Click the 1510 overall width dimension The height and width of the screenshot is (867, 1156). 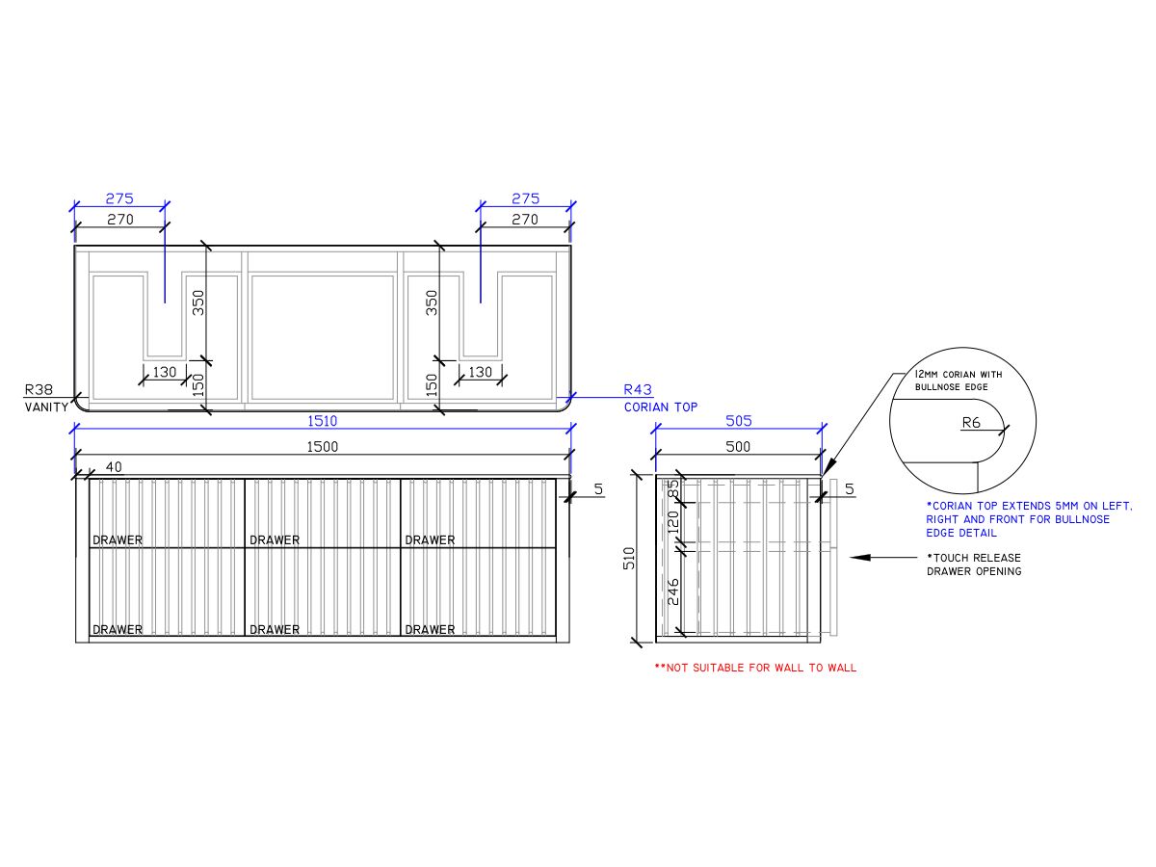322,421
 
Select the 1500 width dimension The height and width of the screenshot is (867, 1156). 322,447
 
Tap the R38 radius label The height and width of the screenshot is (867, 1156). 39,391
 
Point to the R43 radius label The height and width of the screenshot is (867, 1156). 638,390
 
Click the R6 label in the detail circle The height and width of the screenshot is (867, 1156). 971,421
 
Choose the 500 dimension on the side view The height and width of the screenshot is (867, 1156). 737,447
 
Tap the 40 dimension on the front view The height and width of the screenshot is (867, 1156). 114,467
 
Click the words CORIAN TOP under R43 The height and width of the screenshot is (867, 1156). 661,407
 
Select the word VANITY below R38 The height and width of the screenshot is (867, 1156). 46,407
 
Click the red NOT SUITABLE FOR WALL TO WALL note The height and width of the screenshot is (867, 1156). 755,668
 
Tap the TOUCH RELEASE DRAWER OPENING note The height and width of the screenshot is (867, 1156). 973,565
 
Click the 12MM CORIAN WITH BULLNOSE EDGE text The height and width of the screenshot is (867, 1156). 953,381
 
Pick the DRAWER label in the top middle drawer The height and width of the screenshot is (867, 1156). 275,540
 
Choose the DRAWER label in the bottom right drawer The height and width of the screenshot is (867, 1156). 430,630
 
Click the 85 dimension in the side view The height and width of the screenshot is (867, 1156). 673,490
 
